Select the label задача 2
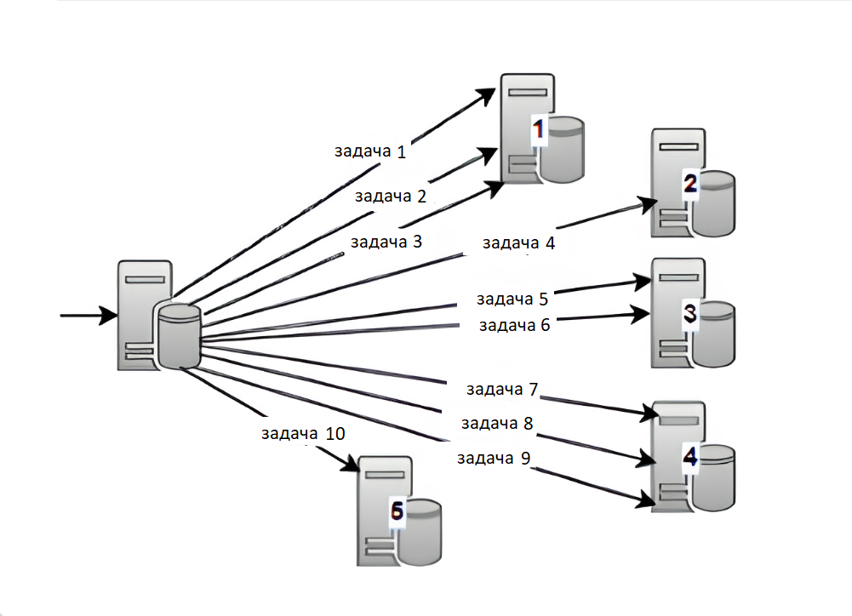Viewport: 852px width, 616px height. pos(390,197)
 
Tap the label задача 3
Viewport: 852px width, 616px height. pos(386,241)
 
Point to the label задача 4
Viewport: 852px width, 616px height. pos(518,243)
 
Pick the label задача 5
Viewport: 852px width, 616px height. pos(512,299)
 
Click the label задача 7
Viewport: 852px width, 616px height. pos(502,390)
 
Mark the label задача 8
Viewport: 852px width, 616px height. pos(497,423)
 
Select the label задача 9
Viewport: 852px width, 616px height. pos(494,459)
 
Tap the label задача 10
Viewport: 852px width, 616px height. pos(303,433)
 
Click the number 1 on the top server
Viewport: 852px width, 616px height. pos(538,129)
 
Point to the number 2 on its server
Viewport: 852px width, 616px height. pos(690,183)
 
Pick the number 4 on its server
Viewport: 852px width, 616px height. pos(690,457)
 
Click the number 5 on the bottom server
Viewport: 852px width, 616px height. pos(396,510)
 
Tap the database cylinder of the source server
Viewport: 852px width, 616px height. pos(179,336)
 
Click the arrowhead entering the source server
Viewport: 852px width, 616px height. pos(107,316)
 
